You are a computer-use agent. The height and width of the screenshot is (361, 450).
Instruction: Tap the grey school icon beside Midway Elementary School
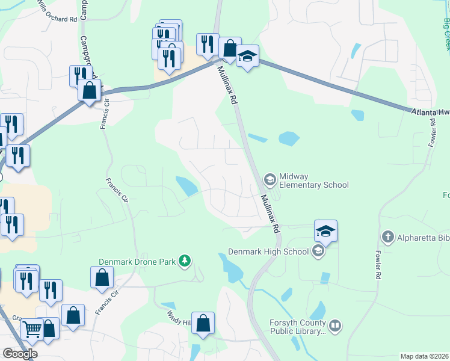pos(270,179)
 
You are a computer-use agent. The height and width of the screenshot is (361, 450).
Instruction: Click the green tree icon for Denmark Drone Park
pos(186,261)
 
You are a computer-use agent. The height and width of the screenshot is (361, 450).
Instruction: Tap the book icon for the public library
pos(335,326)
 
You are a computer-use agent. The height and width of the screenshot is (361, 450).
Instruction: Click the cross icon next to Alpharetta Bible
pos(389,237)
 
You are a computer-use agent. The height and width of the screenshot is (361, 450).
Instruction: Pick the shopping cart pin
pos(32,329)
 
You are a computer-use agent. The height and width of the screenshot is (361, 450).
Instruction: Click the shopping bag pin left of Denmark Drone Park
pos(102,277)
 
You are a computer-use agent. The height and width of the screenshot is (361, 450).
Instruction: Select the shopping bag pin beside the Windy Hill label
pos(203,322)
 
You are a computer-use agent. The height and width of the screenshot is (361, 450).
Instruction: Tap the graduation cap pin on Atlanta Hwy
pos(247,56)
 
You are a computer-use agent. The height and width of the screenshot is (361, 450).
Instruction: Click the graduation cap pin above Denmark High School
pos(325,231)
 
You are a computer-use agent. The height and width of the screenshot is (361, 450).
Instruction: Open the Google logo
pos(20,354)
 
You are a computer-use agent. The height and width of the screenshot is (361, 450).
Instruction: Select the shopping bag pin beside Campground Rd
pos(89,91)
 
